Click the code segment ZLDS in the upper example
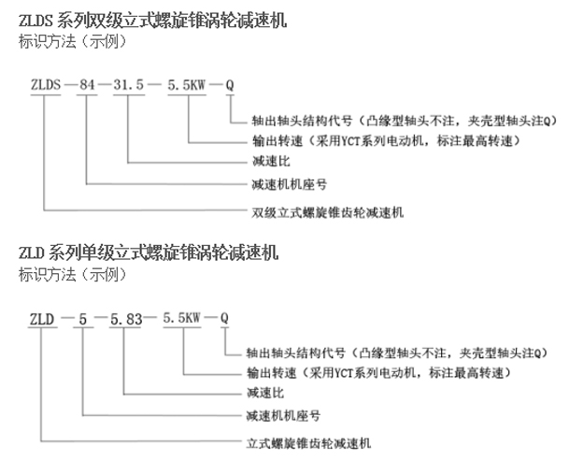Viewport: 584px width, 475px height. (x=46, y=85)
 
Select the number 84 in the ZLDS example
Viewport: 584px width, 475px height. (x=87, y=85)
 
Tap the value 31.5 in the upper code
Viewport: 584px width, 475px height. (x=129, y=85)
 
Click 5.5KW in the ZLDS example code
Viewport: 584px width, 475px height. (x=187, y=85)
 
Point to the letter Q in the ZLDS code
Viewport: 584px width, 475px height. (x=230, y=85)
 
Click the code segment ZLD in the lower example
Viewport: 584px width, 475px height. (x=42, y=319)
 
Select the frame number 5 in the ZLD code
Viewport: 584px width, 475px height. (x=82, y=319)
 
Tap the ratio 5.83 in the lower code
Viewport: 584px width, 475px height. (x=126, y=319)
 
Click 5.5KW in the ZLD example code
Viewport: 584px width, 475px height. (x=182, y=318)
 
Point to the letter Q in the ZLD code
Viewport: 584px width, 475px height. (x=224, y=318)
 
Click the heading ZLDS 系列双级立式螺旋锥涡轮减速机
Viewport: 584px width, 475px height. (x=152, y=20)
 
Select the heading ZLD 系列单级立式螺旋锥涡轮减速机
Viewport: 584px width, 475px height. (x=149, y=252)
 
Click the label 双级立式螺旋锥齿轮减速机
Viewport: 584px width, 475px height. (x=327, y=212)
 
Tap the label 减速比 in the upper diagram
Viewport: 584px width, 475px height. (x=271, y=162)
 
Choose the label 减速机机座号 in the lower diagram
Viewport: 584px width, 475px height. (x=283, y=415)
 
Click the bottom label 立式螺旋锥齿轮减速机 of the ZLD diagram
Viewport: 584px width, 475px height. (x=308, y=443)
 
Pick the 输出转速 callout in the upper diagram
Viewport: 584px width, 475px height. (x=386, y=141)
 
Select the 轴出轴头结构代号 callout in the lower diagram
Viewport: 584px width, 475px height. (x=397, y=353)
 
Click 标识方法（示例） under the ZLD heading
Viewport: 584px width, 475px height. (x=73, y=275)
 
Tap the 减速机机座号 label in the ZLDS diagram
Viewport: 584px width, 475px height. (x=289, y=184)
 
